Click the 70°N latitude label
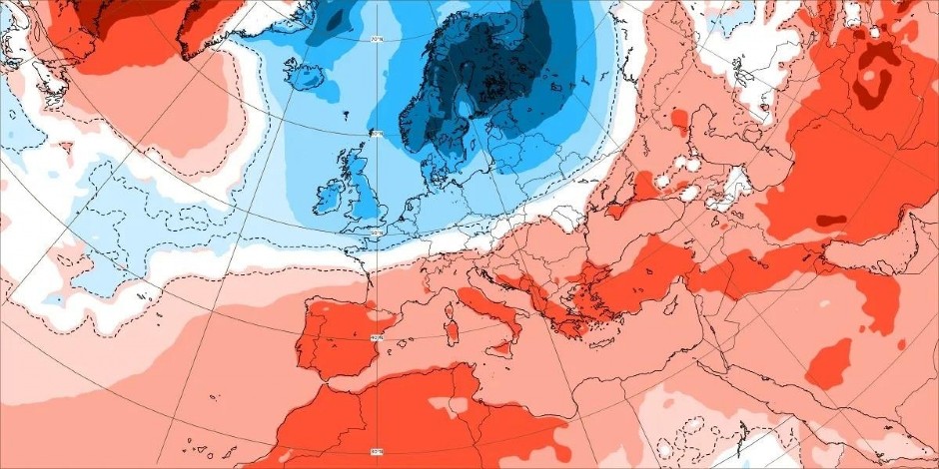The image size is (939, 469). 377,41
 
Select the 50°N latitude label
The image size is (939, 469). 376,232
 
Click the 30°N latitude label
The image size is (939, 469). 376,452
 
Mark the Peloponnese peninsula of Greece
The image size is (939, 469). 568,323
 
